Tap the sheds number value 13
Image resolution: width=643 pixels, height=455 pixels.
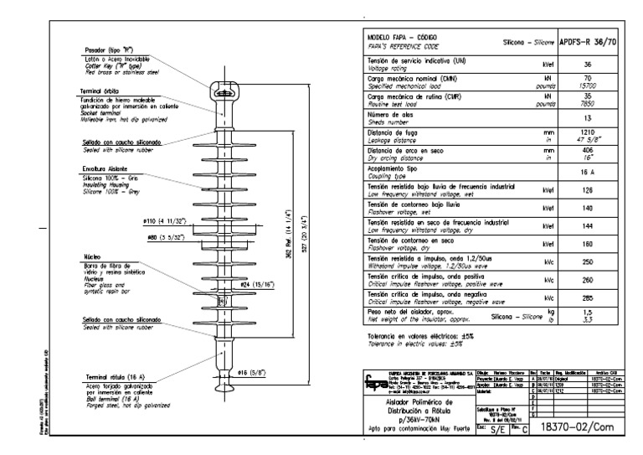[589, 118]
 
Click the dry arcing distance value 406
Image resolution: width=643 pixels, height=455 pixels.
[589, 151]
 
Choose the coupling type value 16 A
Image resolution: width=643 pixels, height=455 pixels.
[589, 171]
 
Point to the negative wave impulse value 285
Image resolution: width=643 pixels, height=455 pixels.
[589, 298]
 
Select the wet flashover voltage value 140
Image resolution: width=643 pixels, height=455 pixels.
[589, 207]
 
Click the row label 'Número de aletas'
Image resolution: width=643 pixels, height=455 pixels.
[388, 115]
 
